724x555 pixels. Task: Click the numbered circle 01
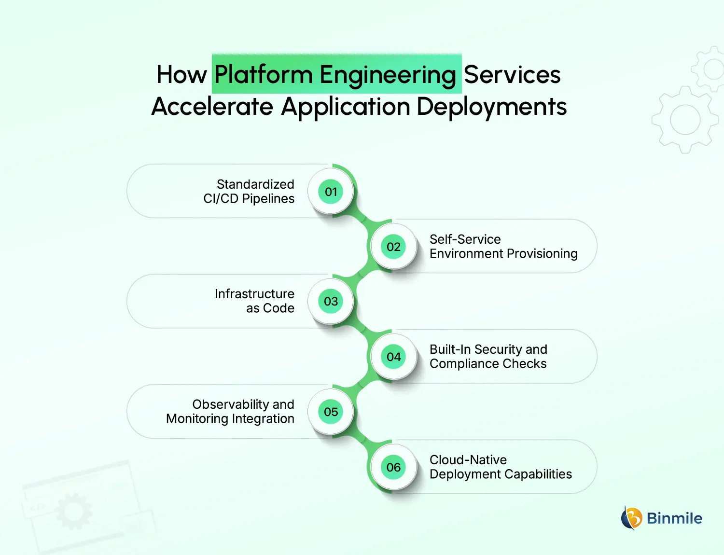(331, 192)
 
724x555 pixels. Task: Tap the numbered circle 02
(393, 247)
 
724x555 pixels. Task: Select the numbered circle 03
(331, 302)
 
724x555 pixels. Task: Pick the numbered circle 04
(393, 357)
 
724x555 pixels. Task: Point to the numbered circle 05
(331, 412)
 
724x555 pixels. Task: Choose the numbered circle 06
(393, 467)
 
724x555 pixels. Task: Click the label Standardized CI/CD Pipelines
(249, 192)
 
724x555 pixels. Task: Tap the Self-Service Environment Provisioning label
(503, 247)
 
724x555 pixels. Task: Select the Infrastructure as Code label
(254, 301)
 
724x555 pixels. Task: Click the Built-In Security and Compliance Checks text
(488, 357)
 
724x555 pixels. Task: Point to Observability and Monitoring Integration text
(230, 412)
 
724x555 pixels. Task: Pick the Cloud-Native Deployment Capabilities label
(501, 467)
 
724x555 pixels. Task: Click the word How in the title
(181, 75)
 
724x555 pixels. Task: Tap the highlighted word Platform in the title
(264, 75)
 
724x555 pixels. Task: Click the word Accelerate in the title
(212, 107)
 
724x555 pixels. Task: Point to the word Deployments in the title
(491, 107)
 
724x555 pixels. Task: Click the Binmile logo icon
(631, 518)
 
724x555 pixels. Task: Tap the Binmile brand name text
(674, 518)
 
